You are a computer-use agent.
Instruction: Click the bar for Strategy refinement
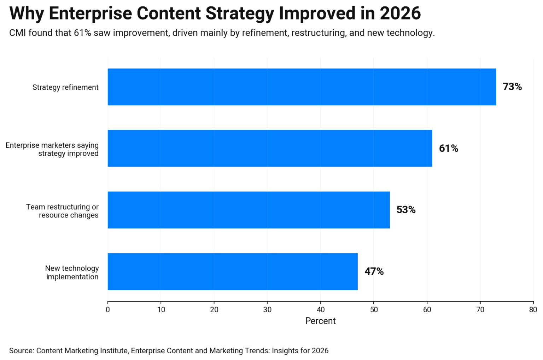tap(302, 87)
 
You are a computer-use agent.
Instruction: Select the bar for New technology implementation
tap(232, 272)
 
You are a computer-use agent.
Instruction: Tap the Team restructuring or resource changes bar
tap(249, 210)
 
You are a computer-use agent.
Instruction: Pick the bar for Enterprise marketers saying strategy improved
tap(270, 148)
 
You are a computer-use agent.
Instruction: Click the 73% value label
tap(512, 87)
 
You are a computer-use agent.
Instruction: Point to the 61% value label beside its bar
tap(448, 149)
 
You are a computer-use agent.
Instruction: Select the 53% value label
tap(406, 210)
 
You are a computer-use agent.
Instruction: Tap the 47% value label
tap(374, 272)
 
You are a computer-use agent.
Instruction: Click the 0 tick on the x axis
tap(108, 310)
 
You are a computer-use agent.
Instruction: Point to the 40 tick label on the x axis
tap(320, 310)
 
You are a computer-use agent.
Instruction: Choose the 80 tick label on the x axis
tap(533, 310)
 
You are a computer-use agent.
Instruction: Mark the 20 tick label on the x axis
tap(214, 310)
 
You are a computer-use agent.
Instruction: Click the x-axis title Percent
tap(320, 321)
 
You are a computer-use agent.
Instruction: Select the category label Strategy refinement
tap(65, 87)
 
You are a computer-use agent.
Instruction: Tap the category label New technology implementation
tap(72, 273)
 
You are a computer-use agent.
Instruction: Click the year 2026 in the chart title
tap(400, 13)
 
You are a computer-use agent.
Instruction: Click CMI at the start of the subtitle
tap(17, 33)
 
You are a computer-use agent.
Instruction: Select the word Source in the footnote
tap(21, 351)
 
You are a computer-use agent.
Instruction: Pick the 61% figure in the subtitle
tap(82, 33)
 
